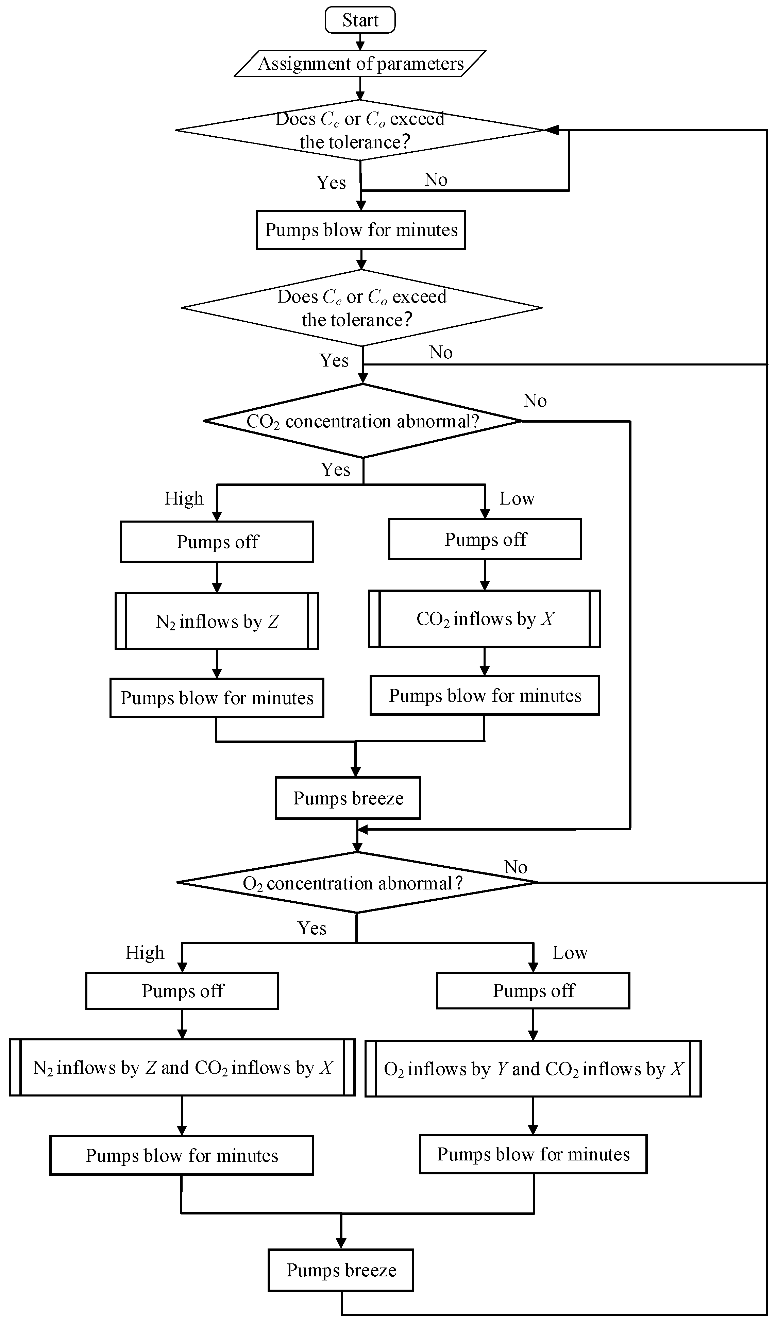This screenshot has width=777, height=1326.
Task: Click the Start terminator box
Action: (x=360, y=20)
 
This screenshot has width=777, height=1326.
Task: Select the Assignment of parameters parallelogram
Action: (x=360, y=64)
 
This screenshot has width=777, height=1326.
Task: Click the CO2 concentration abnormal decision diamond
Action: (x=363, y=421)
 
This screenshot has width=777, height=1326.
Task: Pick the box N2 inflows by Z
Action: (x=217, y=622)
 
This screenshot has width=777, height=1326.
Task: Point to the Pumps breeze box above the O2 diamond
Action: (x=348, y=798)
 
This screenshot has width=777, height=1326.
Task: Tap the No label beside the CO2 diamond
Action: (x=535, y=401)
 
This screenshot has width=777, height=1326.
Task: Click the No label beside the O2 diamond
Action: (x=516, y=867)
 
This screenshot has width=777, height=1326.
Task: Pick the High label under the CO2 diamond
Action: (x=184, y=498)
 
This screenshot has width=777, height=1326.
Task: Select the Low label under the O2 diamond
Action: (x=570, y=953)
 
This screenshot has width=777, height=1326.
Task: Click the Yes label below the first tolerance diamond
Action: (x=331, y=183)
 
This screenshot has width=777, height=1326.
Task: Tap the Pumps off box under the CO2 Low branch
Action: (x=485, y=539)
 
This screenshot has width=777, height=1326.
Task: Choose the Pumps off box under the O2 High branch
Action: (x=182, y=991)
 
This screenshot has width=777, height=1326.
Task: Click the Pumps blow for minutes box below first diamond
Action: (x=361, y=230)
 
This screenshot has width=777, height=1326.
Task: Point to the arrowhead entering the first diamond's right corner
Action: (x=551, y=130)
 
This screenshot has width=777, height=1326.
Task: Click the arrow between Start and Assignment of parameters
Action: (x=360, y=41)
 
